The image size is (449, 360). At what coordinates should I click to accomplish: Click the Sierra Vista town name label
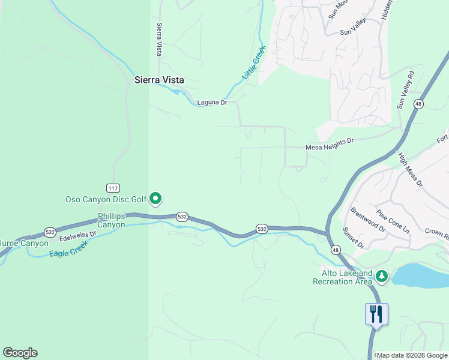(x=158, y=80)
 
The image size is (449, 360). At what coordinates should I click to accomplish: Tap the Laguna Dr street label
(x=212, y=103)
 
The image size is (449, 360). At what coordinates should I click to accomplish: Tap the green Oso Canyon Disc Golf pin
(x=155, y=197)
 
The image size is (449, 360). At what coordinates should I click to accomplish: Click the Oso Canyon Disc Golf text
(x=107, y=199)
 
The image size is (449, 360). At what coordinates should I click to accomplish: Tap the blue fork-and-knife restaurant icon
(x=376, y=314)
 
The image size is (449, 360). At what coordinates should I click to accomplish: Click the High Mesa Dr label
(x=411, y=169)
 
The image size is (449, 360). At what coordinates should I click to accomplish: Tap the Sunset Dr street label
(x=352, y=238)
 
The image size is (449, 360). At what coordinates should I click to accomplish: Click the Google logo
(x=20, y=353)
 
